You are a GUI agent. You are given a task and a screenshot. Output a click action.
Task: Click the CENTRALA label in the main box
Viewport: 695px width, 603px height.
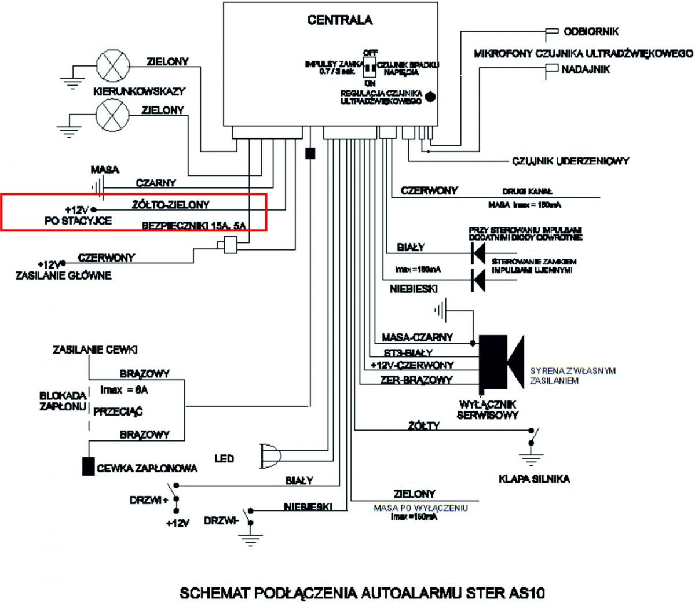pyautogui.click(x=340, y=20)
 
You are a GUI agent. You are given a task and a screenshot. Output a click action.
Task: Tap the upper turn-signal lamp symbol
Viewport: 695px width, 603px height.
pyautogui.click(x=112, y=65)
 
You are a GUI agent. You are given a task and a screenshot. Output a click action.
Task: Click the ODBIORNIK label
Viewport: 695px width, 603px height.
pyautogui.click(x=583, y=31)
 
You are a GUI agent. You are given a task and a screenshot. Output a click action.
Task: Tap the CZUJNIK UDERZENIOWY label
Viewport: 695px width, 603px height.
pyautogui.click(x=570, y=161)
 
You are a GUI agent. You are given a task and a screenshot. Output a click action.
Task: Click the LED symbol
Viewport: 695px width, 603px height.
pyautogui.click(x=269, y=457)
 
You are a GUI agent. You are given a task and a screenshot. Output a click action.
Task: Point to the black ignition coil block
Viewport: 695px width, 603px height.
pyautogui.click(x=88, y=466)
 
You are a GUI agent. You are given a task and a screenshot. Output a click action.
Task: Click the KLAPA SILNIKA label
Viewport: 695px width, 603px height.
pyautogui.click(x=534, y=479)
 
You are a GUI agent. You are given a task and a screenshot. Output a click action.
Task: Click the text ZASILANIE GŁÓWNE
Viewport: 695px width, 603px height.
pyautogui.click(x=63, y=275)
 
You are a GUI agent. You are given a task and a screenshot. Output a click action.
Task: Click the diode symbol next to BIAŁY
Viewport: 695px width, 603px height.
pyautogui.click(x=478, y=251)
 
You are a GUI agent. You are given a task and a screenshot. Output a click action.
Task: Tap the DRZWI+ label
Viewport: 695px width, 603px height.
pyautogui.click(x=149, y=501)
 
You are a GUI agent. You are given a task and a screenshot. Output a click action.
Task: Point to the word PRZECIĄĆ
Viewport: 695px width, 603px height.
pyautogui.click(x=118, y=412)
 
